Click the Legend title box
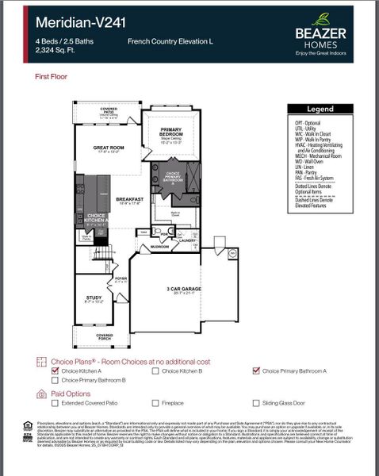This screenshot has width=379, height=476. point(320,109)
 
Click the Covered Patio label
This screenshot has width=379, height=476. point(108,109)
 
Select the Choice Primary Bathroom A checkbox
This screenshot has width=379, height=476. point(256,370)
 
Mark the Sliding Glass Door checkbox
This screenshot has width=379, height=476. point(256,403)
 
